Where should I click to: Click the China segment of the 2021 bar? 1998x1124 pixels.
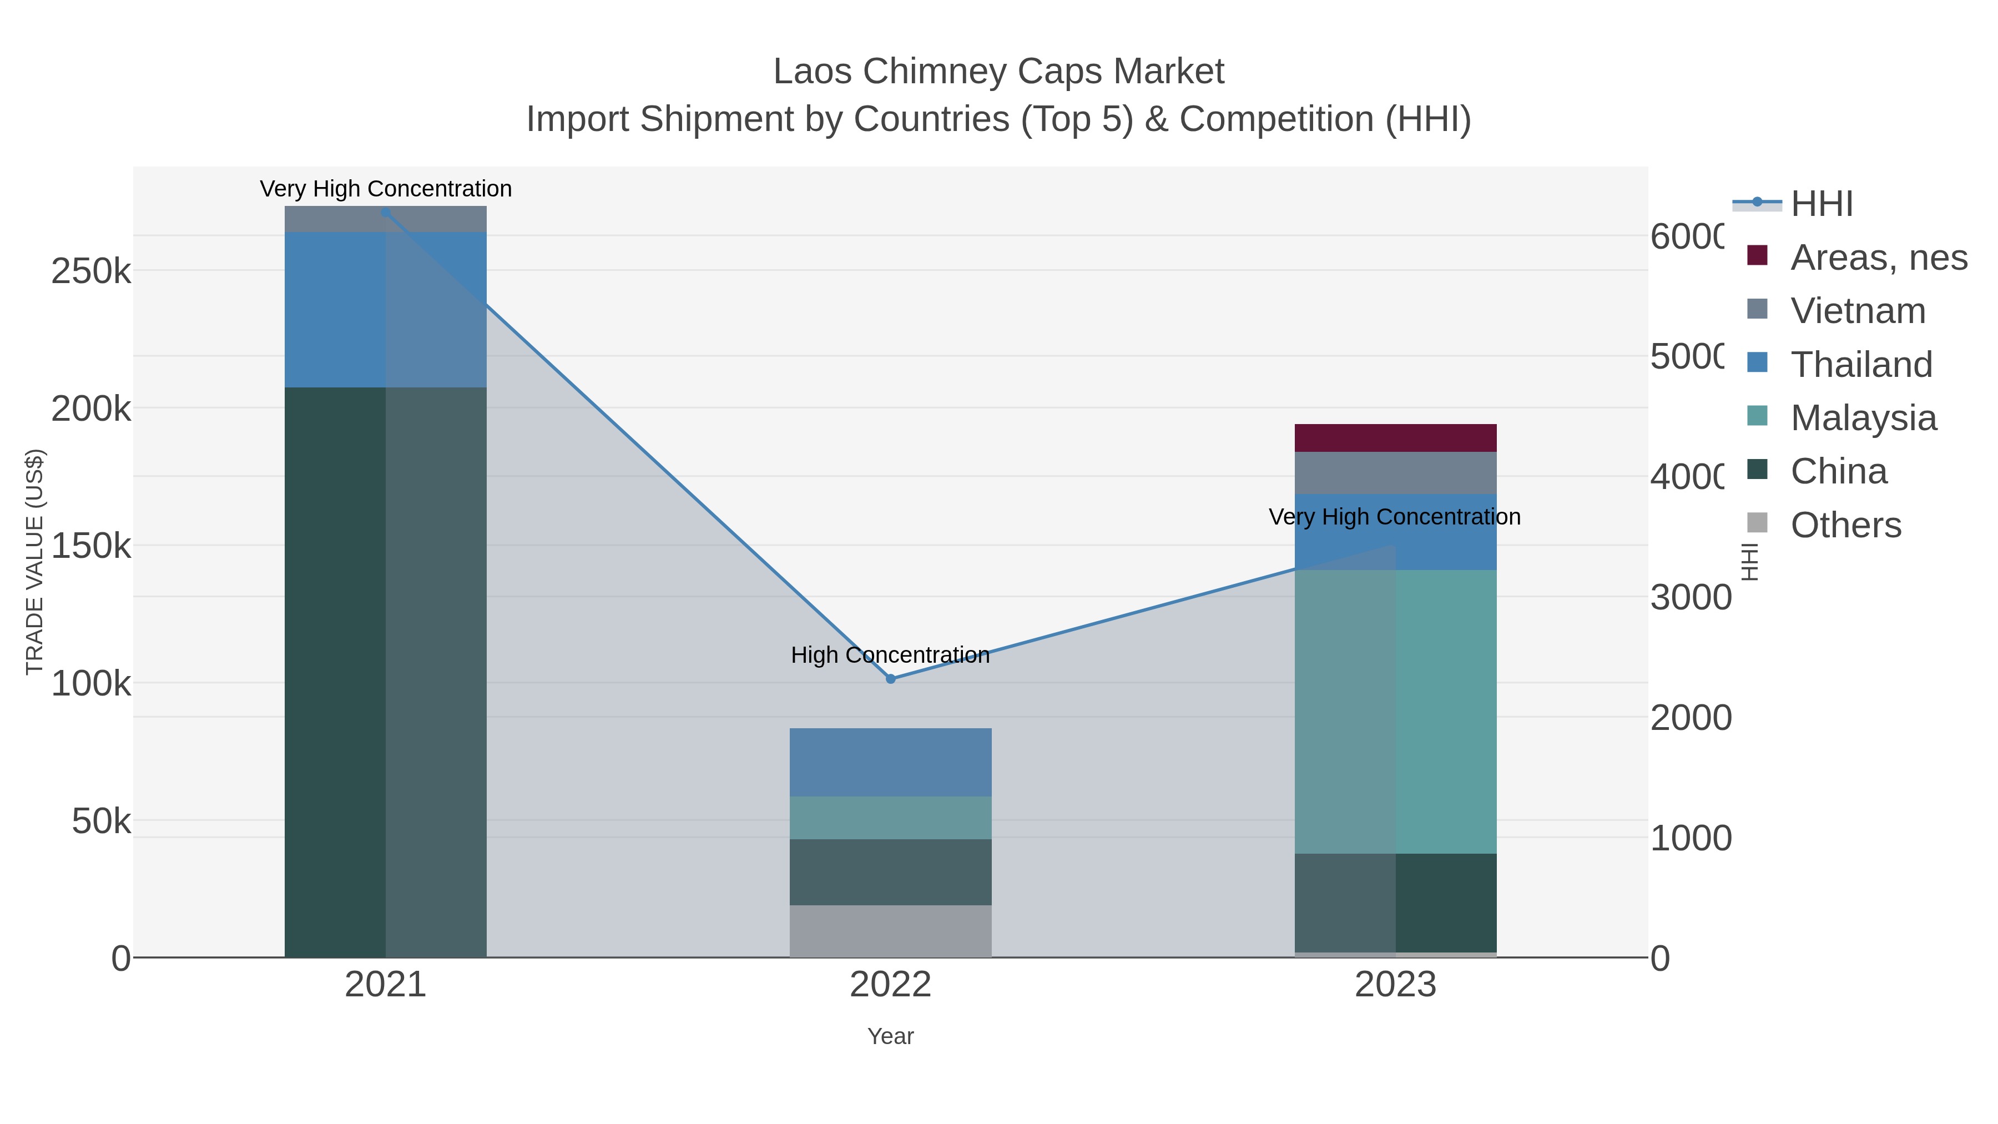(x=386, y=671)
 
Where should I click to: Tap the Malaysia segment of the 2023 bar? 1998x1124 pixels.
(x=1395, y=712)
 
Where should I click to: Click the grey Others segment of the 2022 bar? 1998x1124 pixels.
(x=890, y=930)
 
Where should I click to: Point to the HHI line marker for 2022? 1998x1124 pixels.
(x=890, y=679)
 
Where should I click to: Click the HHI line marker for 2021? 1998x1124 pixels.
(x=386, y=212)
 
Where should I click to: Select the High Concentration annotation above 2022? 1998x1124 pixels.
(x=890, y=656)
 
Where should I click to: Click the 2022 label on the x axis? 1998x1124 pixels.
(x=890, y=985)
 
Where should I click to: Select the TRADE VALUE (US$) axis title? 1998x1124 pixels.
(x=35, y=562)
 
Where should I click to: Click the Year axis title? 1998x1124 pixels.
(x=890, y=1036)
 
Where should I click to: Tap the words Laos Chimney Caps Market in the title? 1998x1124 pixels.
(x=998, y=72)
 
